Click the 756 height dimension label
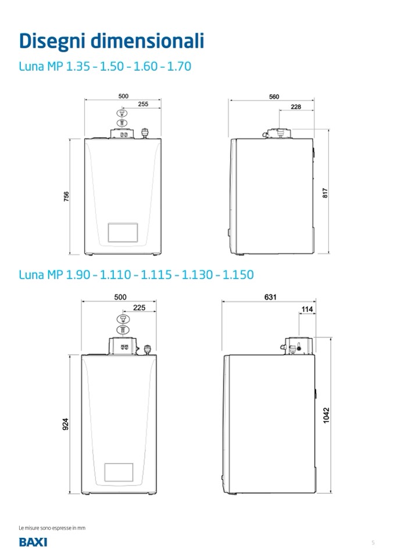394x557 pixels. (x=66, y=196)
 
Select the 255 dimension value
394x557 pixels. (x=143, y=104)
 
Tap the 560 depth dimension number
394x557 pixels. (x=274, y=96)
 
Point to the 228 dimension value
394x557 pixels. (x=296, y=106)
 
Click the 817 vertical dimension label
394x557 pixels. (x=325, y=193)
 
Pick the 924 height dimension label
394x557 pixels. (x=66, y=424)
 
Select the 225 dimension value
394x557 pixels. (x=139, y=308)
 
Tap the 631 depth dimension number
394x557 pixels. (x=270, y=297)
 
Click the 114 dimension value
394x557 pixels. (x=307, y=309)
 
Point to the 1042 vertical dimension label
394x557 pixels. (x=326, y=415)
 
